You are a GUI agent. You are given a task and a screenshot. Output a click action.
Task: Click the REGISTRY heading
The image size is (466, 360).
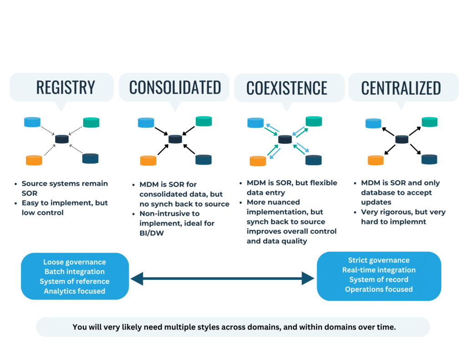tap(66, 87)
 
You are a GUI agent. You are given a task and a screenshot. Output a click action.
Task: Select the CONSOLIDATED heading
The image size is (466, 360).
tap(175, 87)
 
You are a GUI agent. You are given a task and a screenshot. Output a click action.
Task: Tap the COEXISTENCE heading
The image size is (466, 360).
tap(287, 88)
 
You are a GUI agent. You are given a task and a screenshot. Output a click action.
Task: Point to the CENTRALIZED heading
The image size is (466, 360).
tap(401, 88)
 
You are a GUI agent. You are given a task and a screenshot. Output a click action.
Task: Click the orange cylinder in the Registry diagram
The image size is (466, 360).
tap(34, 160)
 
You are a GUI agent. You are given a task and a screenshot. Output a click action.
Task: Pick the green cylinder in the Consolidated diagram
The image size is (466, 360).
tap(204, 121)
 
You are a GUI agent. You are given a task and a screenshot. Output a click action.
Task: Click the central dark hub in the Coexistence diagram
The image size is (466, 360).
tap(285, 139)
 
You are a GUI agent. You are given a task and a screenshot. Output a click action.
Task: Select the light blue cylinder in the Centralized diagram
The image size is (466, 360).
tap(373, 123)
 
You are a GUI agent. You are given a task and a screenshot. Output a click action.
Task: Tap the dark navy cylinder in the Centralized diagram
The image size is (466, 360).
tap(429, 159)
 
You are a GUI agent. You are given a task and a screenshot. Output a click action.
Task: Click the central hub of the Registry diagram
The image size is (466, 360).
tap(62, 139)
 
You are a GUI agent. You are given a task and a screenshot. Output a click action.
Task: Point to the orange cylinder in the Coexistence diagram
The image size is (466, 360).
tap(258, 161)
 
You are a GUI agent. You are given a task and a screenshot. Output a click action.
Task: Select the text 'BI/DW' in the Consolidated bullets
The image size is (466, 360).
tap(152, 233)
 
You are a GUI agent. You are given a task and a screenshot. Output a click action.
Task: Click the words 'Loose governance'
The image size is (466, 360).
tap(75, 262)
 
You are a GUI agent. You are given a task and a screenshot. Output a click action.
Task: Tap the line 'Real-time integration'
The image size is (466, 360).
tap(379, 270)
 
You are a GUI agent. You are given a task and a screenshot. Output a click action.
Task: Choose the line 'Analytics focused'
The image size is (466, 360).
tap(75, 291)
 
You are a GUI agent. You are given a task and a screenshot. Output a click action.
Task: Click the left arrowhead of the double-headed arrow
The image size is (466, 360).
tap(137, 279)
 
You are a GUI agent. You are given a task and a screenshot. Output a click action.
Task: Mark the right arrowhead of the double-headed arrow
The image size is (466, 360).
tap(308, 279)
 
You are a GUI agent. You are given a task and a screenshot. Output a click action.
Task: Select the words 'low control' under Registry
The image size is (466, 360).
tap(42, 213)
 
